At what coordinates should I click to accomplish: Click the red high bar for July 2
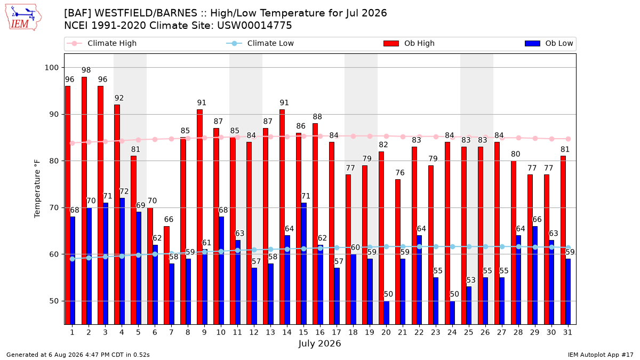[x=84, y=201]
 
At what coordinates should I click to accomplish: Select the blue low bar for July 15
[x=304, y=263]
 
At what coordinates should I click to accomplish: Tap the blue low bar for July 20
[x=387, y=313]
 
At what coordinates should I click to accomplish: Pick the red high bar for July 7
[x=167, y=275]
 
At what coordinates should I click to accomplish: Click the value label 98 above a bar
[x=86, y=70]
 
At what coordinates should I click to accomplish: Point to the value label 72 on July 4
[x=124, y=191]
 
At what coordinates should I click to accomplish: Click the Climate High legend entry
[x=102, y=43]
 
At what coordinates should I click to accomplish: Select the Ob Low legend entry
[x=549, y=43]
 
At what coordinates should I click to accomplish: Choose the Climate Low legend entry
[x=260, y=43]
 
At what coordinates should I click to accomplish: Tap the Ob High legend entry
[x=409, y=43]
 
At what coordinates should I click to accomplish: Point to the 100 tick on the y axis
[x=51, y=68]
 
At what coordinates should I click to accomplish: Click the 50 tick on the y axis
[x=54, y=301]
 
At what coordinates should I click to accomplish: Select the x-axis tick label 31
[x=567, y=333]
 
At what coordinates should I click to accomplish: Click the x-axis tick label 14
[x=287, y=333]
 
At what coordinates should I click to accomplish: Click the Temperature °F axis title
[x=37, y=189]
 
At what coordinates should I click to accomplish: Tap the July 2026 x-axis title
[x=319, y=343]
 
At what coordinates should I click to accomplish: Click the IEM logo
[x=23, y=18]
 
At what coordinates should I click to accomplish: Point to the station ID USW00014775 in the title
[x=254, y=26]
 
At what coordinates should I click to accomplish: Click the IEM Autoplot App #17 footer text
[x=601, y=355]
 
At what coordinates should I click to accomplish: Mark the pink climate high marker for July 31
[x=569, y=139]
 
